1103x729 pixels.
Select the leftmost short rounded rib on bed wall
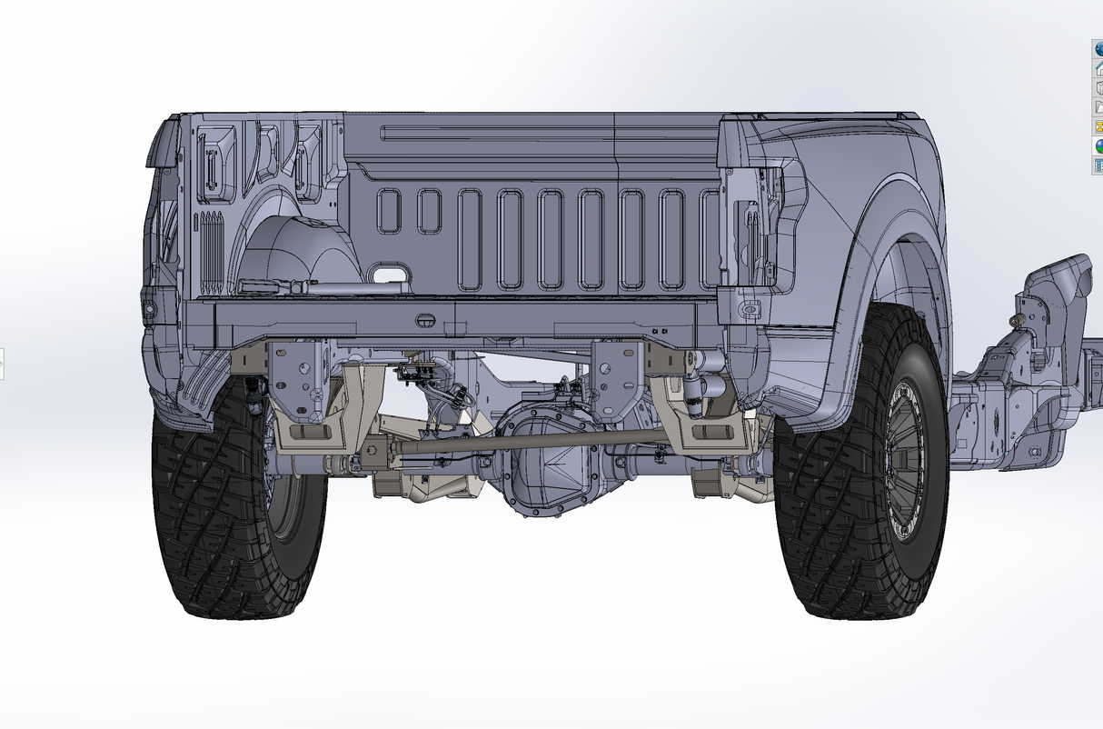click(389, 210)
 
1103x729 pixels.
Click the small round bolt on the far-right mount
click(1017, 317)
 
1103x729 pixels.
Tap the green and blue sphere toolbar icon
click(1097, 145)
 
